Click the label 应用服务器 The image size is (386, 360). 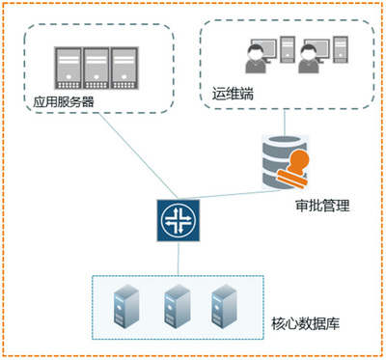tap(64, 102)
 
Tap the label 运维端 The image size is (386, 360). tap(233, 94)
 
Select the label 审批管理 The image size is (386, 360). tap(322, 206)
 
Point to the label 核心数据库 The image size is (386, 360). tap(305, 323)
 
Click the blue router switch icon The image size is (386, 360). tap(179, 220)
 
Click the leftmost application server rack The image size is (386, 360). tap(68, 69)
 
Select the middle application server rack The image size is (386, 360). tap(96, 69)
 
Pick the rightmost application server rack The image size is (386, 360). tap(124, 69)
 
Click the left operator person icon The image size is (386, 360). tap(256, 59)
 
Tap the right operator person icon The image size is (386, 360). tap(309, 59)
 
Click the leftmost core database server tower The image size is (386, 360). tap(126, 306)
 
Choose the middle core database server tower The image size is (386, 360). tap(177, 306)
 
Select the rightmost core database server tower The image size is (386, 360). tap(224, 306)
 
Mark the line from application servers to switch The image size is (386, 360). tap(138, 155)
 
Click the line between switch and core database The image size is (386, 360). tap(179, 259)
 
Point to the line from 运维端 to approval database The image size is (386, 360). tap(285, 123)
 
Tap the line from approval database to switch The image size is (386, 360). tap(228, 195)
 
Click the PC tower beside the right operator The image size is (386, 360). tap(341, 49)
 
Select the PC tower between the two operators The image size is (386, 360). tap(288, 49)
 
